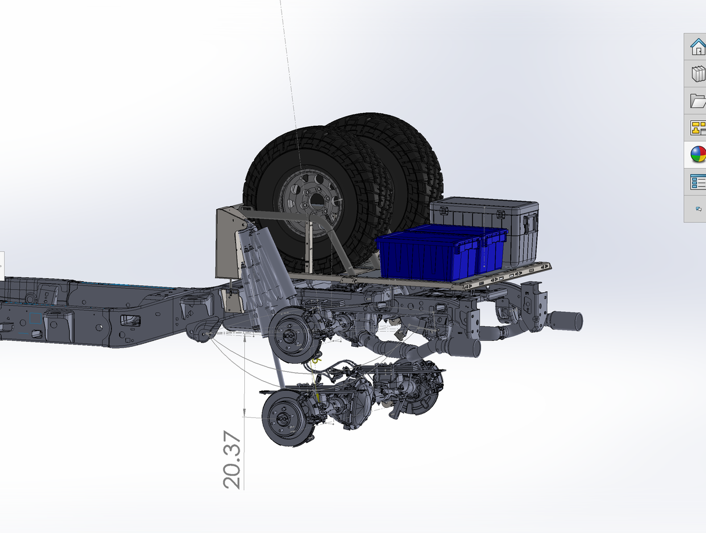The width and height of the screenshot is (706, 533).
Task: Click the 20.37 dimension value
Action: pos(231,460)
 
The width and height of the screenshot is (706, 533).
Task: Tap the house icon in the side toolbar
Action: pos(698,47)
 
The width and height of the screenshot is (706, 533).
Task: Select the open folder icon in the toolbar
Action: pos(698,101)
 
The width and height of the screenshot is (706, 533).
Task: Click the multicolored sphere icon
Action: pos(698,154)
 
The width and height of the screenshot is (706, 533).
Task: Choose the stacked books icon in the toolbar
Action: pos(698,74)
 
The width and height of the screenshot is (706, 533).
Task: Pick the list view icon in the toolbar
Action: pos(698,182)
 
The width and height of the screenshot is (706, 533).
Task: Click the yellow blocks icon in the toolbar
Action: pos(698,128)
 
